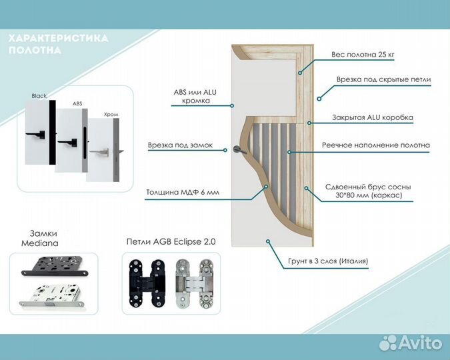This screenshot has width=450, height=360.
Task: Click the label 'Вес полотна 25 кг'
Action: [x=363, y=55]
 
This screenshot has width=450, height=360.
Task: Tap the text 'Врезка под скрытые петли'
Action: [x=384, y=79]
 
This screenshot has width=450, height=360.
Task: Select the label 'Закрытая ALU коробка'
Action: [x=373, y=117]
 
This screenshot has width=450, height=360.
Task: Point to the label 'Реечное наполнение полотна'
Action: [x=376, y=145]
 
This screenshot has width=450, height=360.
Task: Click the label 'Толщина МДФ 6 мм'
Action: [x=183, y=192]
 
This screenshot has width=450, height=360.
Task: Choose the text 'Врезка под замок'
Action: [x=180, y=145]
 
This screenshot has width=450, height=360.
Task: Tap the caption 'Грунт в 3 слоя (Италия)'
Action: [x=328, y=261]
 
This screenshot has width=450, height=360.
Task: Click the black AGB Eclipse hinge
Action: [x=147, y=283]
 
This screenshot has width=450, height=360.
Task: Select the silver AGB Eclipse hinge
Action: [x=194, y=283]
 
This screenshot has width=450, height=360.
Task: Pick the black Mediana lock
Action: [x=55, y=266]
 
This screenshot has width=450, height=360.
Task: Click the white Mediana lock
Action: [x=51, y=296]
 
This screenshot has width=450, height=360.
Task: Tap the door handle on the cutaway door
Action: [x=239, y=149]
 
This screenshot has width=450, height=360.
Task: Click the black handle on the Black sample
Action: [x=35, y=135]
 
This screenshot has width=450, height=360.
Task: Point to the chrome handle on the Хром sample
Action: [x=99, y=152]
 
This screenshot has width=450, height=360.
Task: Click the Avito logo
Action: [x=411, y=343]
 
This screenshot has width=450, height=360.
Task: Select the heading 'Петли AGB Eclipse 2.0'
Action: [x=171, y=241]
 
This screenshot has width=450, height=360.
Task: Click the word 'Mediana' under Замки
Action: [x=39, y=243]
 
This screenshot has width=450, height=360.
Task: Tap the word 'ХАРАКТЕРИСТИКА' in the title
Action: [x=58, y=38]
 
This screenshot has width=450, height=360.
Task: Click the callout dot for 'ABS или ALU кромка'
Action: [x=232, y=105]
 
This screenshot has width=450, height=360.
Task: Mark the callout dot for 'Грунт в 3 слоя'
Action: [x=268, y=241]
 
